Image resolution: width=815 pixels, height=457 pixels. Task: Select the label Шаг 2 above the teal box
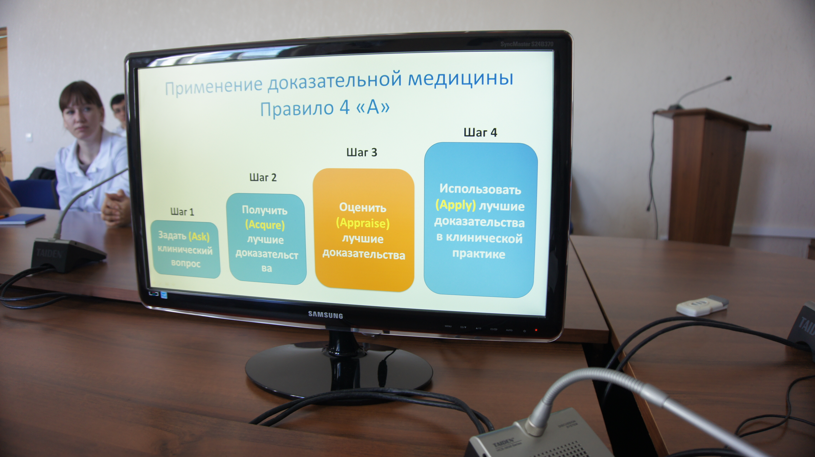point(263,177)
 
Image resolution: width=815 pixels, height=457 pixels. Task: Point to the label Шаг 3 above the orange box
point(362,152)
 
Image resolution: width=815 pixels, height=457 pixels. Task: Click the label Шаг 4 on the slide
point(480,132)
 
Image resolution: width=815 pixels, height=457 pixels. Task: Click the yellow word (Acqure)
point(265,225)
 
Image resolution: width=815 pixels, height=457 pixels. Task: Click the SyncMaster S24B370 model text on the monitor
point(527,44)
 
